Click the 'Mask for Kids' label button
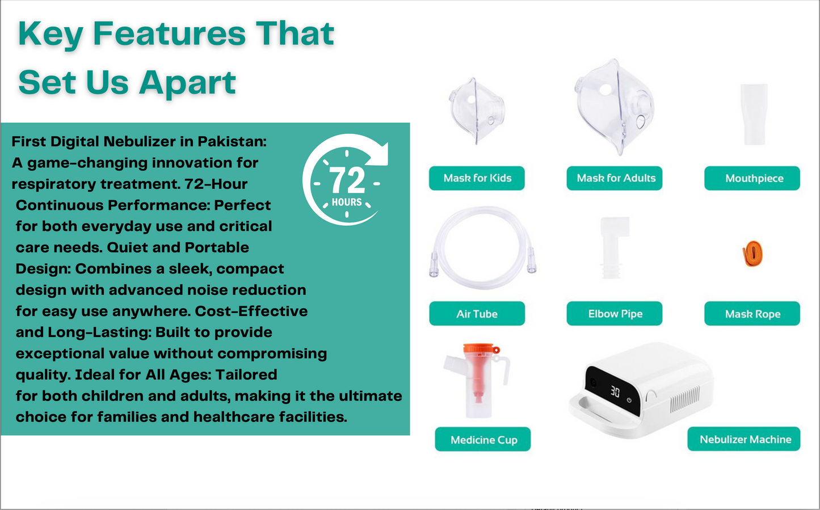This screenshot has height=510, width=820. click(477, 178)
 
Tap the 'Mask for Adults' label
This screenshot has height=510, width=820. click(615, 178)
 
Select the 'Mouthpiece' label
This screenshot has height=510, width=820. click(752, 178)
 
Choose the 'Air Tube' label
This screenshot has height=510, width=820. click(477, 314)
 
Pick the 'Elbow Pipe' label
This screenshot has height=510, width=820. click(615, 314)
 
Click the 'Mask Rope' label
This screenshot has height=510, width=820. click(752, 314)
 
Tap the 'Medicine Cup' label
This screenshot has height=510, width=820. click(483, 439)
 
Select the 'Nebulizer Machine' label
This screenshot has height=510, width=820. click(744, 439)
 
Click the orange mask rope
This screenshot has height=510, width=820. click(752, 254)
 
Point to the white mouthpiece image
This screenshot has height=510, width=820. click(754, 114)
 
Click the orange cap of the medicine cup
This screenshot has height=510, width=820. click(481, 349)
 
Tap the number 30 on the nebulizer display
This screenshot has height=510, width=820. click(615, 392)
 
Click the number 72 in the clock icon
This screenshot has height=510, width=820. click(347, 180)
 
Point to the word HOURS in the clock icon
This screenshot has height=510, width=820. click(347, 202)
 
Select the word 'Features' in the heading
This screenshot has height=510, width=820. click(170, 33)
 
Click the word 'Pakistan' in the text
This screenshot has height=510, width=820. click(232, 142)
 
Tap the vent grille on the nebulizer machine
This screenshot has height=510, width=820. click(685, 400)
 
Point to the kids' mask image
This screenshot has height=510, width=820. click(476, 111)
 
